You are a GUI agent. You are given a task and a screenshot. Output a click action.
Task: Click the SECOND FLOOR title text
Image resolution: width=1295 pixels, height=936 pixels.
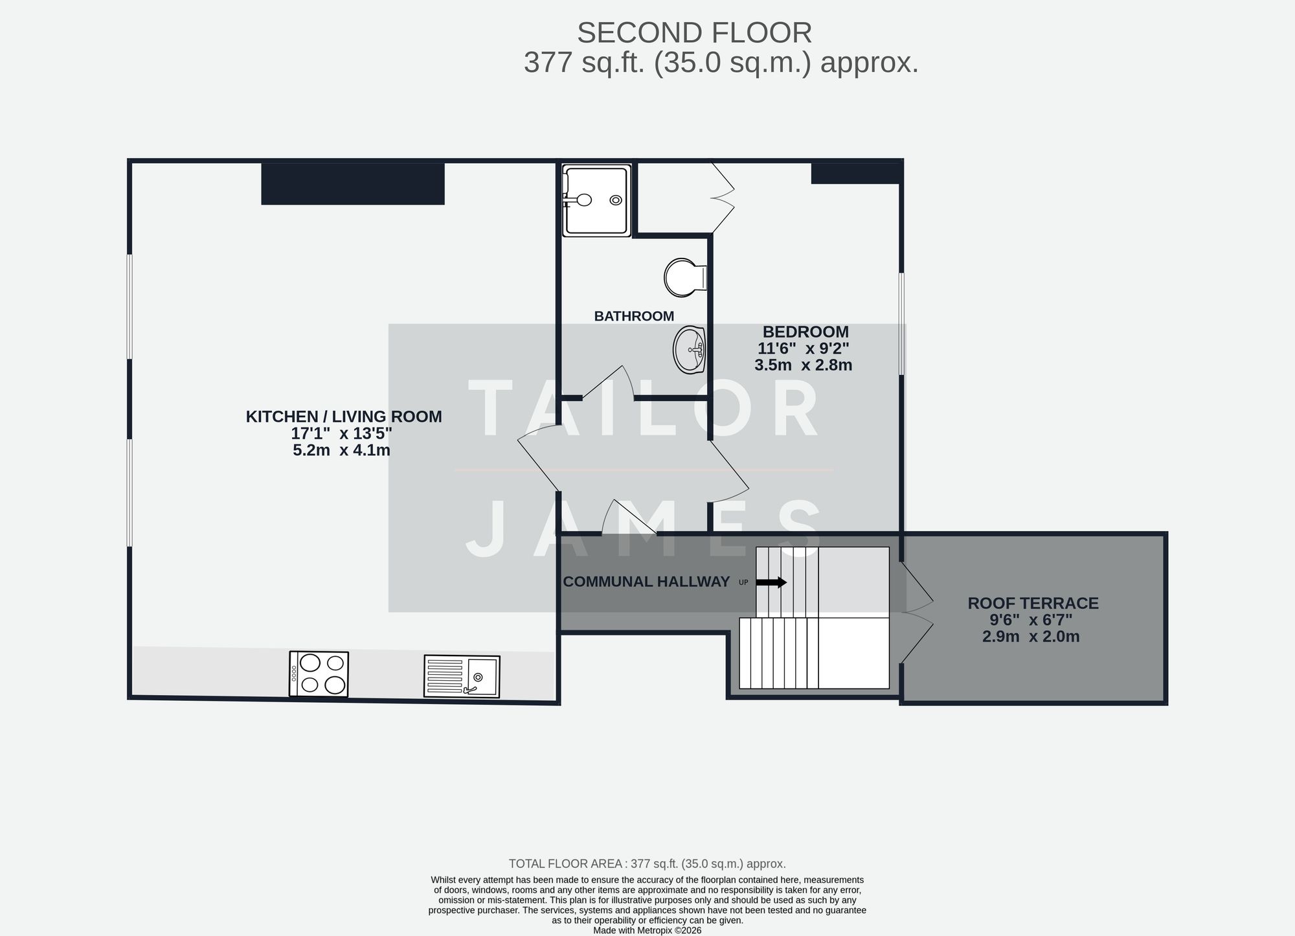[x=694, y=33]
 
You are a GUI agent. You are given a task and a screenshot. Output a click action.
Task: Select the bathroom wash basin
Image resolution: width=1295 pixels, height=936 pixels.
[x=689, y=350]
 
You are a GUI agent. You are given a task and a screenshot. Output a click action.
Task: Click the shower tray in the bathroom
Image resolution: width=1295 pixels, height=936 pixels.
[x=596, y=200]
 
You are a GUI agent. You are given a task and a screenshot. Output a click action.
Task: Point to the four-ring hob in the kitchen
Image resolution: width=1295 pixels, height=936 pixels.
[x=319, y=674]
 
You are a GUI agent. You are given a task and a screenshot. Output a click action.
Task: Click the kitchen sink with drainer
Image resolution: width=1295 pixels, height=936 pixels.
[x=462, y=676]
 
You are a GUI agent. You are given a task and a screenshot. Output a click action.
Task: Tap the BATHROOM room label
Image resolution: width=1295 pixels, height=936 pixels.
[x=634, y=316]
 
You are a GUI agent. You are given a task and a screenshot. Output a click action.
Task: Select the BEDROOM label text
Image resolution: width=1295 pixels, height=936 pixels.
[x=805, y=332]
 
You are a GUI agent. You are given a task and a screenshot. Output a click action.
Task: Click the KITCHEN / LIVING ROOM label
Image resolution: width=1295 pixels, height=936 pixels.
[x=344, y=417]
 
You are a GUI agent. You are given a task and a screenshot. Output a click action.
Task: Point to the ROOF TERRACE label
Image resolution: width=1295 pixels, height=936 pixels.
[x=1033, y=603]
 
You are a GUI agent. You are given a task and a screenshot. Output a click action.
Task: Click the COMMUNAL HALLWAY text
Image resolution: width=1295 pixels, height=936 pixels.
[x=646, y=582]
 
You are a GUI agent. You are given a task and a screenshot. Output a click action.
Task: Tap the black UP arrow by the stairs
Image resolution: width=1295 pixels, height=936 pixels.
[x=771, y=582]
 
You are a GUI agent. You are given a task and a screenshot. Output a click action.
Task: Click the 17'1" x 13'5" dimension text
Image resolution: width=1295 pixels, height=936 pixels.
[x=341, y=433]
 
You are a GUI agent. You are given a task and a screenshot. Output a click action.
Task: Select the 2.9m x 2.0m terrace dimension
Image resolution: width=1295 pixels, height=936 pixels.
[x=1031, y=636]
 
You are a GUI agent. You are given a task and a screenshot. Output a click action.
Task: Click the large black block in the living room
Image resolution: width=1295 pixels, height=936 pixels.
[x=353, y=184]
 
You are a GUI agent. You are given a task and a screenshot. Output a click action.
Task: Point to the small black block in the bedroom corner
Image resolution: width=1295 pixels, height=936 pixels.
[x=855, y=173]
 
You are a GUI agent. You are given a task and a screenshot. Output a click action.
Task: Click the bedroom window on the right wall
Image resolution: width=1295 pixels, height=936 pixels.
[x=901, y=323]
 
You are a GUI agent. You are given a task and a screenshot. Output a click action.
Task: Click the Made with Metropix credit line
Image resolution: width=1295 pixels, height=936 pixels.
[x=647, y=930]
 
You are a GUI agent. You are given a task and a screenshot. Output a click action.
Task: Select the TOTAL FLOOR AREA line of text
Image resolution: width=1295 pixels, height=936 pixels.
[x=647, y=863]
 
